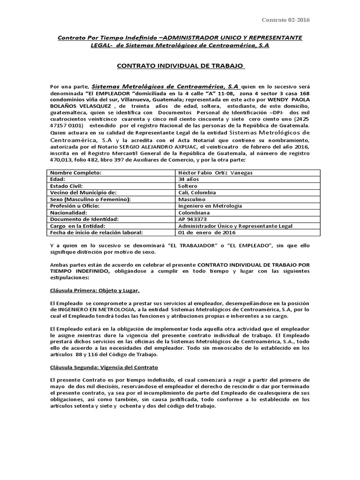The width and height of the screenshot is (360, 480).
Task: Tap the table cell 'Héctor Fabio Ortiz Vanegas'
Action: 216,172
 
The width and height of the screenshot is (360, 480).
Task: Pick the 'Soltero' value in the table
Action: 188,186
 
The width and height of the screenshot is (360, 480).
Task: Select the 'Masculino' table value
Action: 193,199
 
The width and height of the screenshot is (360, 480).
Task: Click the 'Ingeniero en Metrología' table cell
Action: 210,206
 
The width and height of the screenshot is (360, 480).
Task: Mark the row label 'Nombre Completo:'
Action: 75,172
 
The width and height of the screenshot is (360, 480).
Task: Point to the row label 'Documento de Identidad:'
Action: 85,219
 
